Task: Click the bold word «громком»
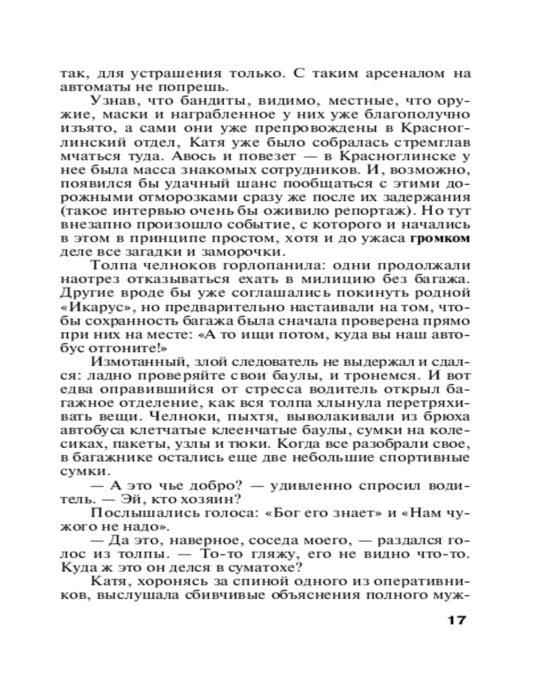(x=439, y=239)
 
